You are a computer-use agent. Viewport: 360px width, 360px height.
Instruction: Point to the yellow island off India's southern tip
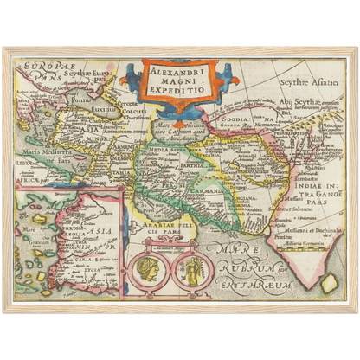click(x=330, y=282)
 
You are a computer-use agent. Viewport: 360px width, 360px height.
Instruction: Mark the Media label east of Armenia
click(x=160, y=149)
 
